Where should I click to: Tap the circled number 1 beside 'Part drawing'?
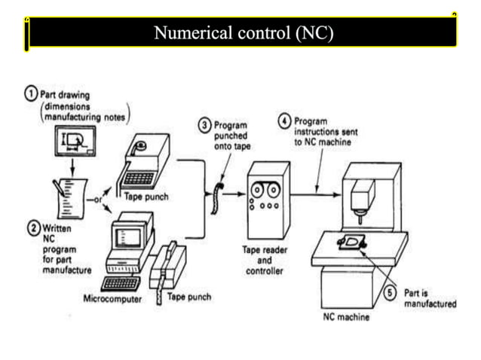pos(30,94)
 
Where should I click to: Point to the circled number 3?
pos(204,124)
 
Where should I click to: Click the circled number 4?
pos(284,121)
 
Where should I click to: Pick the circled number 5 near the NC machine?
pos(390,293)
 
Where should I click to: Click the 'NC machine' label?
pos(345,317)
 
